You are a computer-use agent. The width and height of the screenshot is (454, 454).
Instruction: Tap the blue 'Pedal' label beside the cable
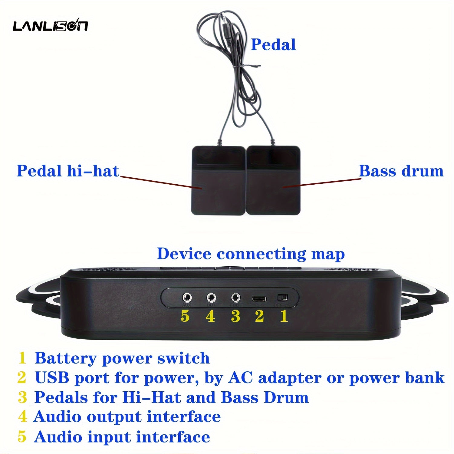[273, 45]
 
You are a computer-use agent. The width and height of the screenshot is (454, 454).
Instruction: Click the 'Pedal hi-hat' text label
[68, 171]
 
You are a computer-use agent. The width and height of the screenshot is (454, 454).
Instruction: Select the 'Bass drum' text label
[401, 171]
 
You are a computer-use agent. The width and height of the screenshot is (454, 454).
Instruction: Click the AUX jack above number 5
[187, 298]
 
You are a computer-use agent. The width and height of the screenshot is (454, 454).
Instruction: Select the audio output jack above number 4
[211, 298]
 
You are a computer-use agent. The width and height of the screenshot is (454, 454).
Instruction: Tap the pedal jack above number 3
[235, 298]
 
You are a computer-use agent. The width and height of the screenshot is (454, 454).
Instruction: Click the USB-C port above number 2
[259, 299]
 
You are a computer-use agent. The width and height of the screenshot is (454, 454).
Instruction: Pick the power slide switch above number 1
[282, 298]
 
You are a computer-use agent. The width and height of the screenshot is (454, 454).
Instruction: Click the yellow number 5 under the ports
[185, 316]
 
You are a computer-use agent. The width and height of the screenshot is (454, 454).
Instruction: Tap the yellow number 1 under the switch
[284, 316]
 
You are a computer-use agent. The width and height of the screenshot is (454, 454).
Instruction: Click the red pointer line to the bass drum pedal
[321, 183]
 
